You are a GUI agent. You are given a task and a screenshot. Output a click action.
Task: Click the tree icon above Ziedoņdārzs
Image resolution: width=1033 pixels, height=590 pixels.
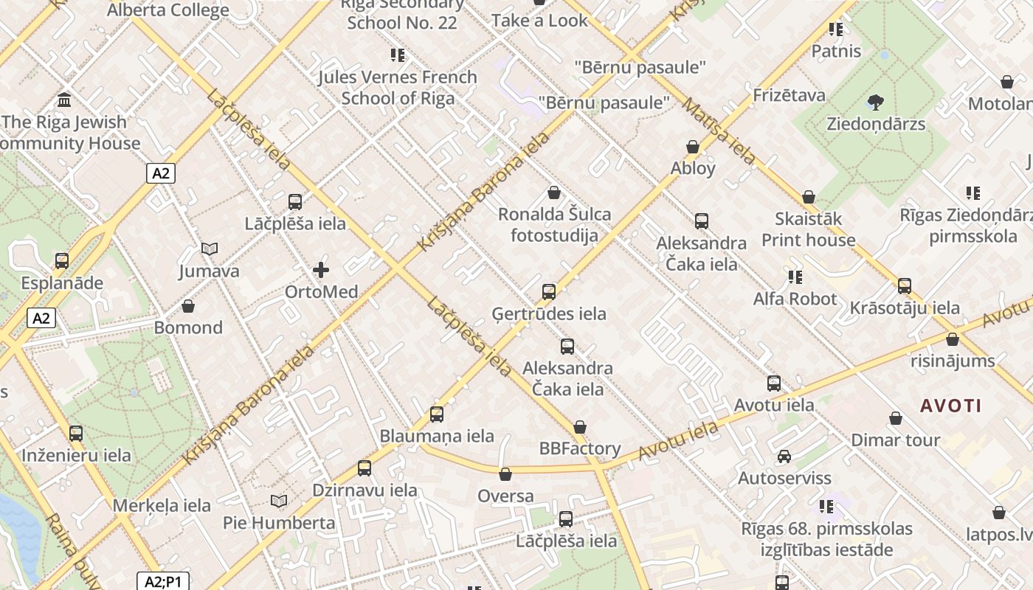[876, 102]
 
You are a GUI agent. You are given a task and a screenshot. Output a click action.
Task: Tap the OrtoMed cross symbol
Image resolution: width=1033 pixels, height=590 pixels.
[321, 270]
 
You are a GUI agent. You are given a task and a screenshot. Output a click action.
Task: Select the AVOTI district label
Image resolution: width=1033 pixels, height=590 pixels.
[951, 406]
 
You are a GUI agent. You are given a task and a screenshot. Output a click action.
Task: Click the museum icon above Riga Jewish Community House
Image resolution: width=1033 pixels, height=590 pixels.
[64, 100]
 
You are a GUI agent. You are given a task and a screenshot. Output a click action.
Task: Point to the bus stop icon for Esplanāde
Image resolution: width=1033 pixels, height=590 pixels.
[62, 260]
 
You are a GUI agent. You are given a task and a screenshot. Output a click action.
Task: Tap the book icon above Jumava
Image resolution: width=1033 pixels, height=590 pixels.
[210, 249]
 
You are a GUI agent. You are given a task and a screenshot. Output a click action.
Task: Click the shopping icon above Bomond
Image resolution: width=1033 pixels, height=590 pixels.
[188, 306]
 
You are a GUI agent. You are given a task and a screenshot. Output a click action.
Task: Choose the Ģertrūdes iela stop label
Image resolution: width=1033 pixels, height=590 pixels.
[549, 313]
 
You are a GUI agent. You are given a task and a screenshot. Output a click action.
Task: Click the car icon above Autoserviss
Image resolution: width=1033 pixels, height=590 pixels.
[784, 457]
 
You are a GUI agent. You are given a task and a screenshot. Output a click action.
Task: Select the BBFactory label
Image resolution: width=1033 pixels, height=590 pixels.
[580, 448]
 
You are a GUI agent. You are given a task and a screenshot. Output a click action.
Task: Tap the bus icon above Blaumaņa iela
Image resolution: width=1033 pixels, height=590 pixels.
[437, 414]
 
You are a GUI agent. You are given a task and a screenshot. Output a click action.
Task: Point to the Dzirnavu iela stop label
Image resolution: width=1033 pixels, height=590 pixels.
[365, 490]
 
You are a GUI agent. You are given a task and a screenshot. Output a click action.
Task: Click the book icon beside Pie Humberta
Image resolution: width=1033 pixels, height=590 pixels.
[278, 502]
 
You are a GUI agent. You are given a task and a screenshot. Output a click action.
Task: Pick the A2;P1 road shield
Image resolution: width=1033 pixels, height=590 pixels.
[163, 581]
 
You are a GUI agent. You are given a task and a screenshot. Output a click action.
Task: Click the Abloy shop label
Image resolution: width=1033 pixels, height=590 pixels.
[693, 168]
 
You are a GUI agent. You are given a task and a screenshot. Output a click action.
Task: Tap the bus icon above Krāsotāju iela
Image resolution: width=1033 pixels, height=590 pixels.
[905, 286]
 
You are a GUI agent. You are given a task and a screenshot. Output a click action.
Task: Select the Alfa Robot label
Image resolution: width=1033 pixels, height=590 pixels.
[795, 299]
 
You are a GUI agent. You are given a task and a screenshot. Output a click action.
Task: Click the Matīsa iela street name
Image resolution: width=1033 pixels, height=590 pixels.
[719, 132]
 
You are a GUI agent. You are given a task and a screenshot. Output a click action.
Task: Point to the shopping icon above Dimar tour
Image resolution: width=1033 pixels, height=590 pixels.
[896, 419]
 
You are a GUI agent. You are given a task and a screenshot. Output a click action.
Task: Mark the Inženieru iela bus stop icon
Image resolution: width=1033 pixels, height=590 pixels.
[76, 434]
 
